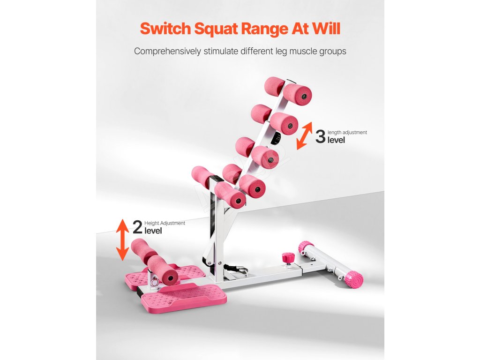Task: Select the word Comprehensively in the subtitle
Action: [x=167, y=51]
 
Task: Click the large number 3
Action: [x=320, y=137]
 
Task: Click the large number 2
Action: [x=137, y=227]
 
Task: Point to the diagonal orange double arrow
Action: [x=305, y=136]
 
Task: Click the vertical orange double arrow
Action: [x=122, y=239]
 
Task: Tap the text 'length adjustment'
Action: [x=347, y=133]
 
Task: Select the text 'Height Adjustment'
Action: [x=165, y=223]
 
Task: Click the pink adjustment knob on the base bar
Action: [x=287, y=258]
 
